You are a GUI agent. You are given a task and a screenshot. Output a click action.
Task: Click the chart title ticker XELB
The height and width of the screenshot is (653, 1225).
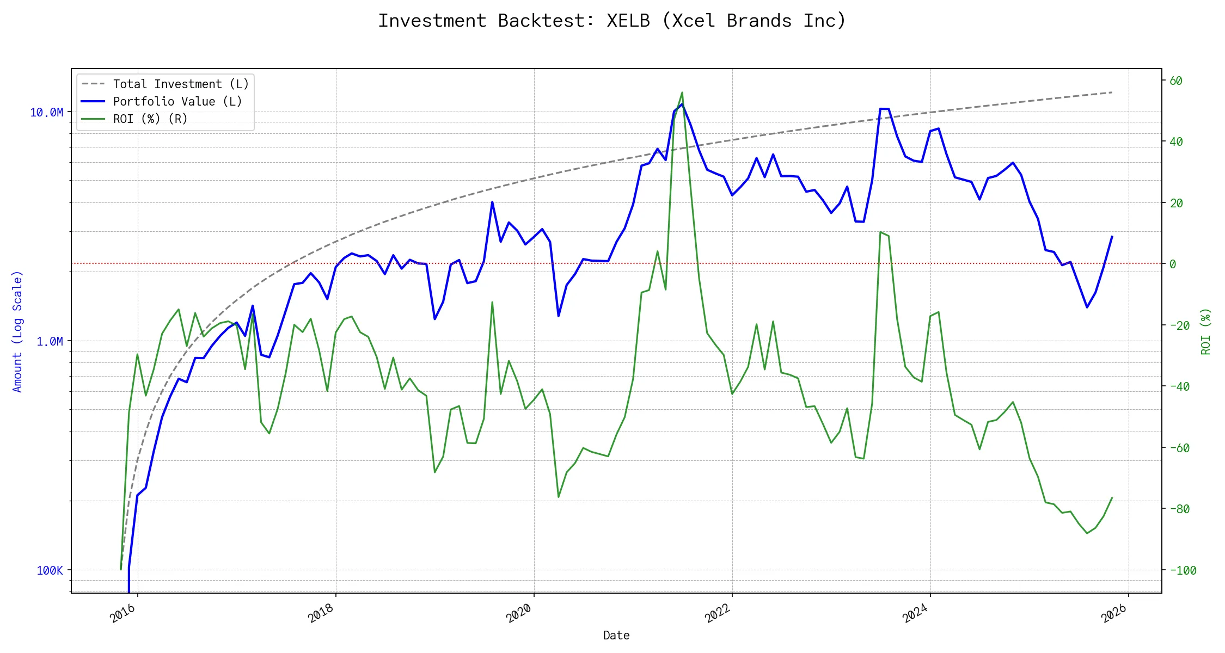[x=628, y=21]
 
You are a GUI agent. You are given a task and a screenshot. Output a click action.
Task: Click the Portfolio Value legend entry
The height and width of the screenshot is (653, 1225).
[x=177, y=101]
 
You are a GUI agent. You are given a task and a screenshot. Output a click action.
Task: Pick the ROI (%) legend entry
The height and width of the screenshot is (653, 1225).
[x=150, y=119]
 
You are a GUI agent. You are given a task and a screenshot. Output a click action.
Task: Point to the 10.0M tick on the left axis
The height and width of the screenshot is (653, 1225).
[x=47, y=113]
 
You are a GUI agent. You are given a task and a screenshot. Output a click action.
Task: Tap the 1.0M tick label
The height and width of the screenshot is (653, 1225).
[x=50, y=342]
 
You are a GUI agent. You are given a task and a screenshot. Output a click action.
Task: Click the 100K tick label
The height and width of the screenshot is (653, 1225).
[x=50, y=570]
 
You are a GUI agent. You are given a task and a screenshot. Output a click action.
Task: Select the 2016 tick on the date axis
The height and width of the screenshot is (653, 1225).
[x=123, y=613]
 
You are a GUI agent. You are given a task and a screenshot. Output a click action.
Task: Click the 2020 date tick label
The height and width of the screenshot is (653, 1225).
[x=519, y=613]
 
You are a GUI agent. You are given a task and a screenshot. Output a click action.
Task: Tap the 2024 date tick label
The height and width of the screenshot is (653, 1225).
[x=915, y=613]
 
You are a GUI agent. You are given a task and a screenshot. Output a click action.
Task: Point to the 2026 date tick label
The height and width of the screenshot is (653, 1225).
[x=1113, y=613]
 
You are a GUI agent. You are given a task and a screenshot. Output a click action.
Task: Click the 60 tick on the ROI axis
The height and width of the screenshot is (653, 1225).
[x=1176, y=81]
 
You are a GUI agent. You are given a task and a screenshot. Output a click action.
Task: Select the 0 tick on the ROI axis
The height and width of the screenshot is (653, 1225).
[x=1173, y=264]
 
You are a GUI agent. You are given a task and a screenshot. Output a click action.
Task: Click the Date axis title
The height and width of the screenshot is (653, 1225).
[x=616, y=635]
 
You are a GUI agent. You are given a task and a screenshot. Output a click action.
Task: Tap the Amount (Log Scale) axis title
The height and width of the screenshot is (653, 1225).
[x=17, y=331]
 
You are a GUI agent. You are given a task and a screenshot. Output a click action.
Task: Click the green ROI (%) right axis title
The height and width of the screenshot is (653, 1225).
[x=1205, y=331]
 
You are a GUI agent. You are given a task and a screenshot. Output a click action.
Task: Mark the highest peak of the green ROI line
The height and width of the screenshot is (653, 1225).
[x=682, y=93]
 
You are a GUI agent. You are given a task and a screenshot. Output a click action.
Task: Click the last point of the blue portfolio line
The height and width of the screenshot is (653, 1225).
[x=1112, y=237]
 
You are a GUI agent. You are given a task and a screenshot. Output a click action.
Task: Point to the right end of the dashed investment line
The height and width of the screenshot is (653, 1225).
[x=1112, y=93]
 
